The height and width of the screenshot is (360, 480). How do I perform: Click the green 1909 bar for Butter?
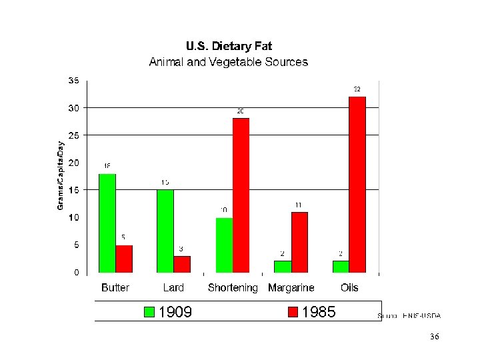(107, 223)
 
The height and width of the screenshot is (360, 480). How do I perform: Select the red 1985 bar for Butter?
(124, 259)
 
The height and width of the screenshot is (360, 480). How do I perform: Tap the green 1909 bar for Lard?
(165, 231)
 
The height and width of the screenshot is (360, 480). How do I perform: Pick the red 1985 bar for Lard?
(182, 264)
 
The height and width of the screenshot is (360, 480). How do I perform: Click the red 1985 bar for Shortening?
(241, 195)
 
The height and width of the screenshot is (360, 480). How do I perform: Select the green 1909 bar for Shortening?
(224, 245)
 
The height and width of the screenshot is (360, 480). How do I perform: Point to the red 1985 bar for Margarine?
(299, 242)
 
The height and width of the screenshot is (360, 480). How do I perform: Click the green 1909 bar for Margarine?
(283, 266)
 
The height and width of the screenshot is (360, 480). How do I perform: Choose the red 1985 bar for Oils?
(357, 184)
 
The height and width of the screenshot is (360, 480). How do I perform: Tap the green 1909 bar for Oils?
(341, 266)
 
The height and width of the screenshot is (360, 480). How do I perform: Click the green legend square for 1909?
(149, 312)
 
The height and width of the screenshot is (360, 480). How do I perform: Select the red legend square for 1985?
(293, 312)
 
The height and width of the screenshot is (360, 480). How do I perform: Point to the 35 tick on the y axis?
(73, 80)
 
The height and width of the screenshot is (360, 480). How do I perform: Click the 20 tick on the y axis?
(73, 163)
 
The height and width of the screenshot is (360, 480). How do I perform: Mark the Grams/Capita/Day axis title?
(61, 175)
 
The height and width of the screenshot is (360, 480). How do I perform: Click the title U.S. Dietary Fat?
(229, 47)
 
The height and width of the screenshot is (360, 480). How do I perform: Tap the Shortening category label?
(233, 288)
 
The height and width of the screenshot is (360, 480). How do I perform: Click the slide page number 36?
(435, 337)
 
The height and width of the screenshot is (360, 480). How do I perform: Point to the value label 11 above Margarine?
(299, 205)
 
